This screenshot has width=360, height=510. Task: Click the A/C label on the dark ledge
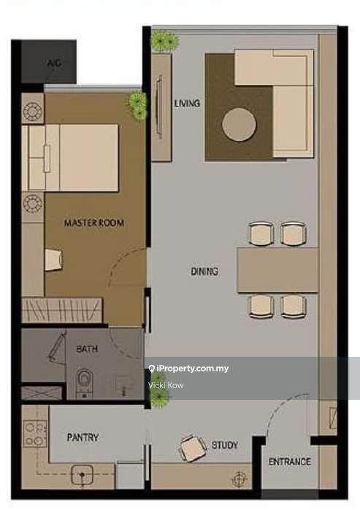pyautogui.click(x=54, y=63)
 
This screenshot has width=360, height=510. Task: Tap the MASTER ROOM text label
pyautogui.click(x=94, y=223)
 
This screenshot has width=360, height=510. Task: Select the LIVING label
pyautogui.click(x=187, y=104)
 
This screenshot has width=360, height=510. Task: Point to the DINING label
pyautogui.click(x=204, y=271)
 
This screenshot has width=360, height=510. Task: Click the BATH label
pyautogui.click(x=87, y=349)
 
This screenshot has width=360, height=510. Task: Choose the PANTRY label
pyautogui.click(x=83, y=437)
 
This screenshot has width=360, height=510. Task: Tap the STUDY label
pyautogui.click(x=225, y=444)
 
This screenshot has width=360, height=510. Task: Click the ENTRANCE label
pyautogui.click(x=290, y=462)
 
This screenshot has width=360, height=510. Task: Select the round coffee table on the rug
pyautogui.click(x=240, y=125)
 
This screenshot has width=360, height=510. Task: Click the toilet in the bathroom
pyautogui.click(x=84, y=383)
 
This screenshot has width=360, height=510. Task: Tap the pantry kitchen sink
pyautogui.click(x=82, y=475)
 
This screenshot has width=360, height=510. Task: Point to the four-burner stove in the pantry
pyautogui.click(x=35, y=433)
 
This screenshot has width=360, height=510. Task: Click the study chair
pyautogui.click(x=192, y=448)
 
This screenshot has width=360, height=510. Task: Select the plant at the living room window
pyautogui.click(x=165, y=41)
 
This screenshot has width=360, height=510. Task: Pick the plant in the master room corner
pyautogui.click(x=138, y=105)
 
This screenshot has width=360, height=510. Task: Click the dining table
pyautogui.click(x=277, y=271)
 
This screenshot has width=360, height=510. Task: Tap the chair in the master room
pyautogui.click(x=53, y=260)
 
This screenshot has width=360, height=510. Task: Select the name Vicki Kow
pyautogui.click(x=166, y=385)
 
